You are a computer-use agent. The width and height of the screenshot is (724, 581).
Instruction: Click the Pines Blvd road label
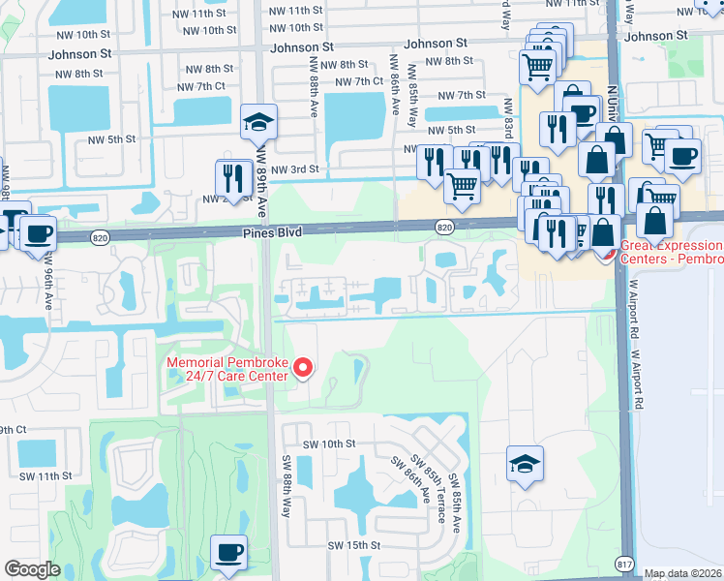tap(272, 232)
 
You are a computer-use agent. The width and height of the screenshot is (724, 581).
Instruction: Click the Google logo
tap(32, 569)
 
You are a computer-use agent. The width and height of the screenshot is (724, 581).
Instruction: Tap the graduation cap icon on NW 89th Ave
tap(259, 122)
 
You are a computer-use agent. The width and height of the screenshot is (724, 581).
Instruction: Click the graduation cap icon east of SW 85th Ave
tap(526, 464)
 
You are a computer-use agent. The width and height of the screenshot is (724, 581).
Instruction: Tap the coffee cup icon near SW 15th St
tap(228, 553)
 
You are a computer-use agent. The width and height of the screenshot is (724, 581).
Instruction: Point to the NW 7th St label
tap(462, 95)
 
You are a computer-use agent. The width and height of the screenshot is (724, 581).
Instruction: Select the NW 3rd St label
tap(295, 169)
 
